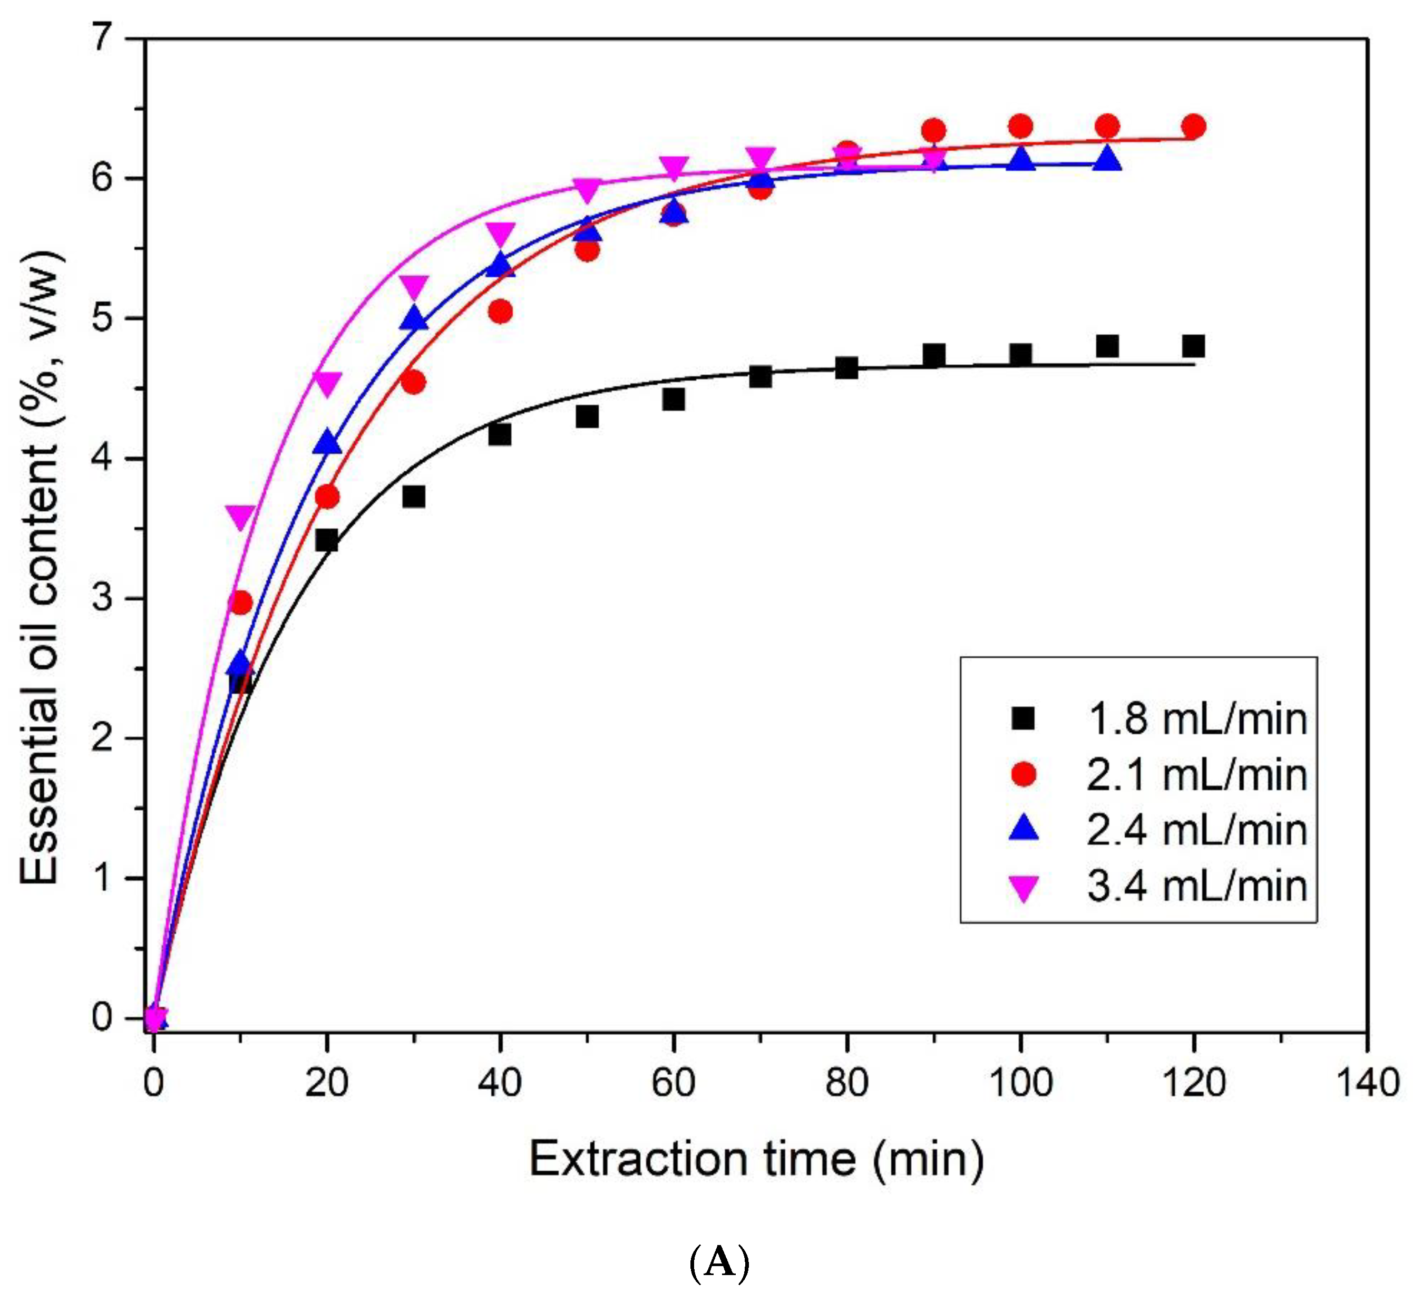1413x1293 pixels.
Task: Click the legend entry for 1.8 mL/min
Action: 1196,720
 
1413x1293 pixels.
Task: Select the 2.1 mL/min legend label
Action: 1196,775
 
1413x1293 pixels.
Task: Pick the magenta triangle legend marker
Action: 1024,887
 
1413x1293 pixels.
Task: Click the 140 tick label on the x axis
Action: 1367,1083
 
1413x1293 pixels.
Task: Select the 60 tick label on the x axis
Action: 673,1083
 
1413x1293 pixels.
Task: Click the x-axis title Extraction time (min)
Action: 756,1160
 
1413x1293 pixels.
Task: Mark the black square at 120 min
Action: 1193,346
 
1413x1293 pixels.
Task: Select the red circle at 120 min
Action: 1193,127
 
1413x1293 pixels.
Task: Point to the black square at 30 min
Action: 414,497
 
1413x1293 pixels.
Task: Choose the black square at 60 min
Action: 673,400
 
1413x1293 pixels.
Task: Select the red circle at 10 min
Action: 240,602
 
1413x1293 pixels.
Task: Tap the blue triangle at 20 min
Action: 327,442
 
